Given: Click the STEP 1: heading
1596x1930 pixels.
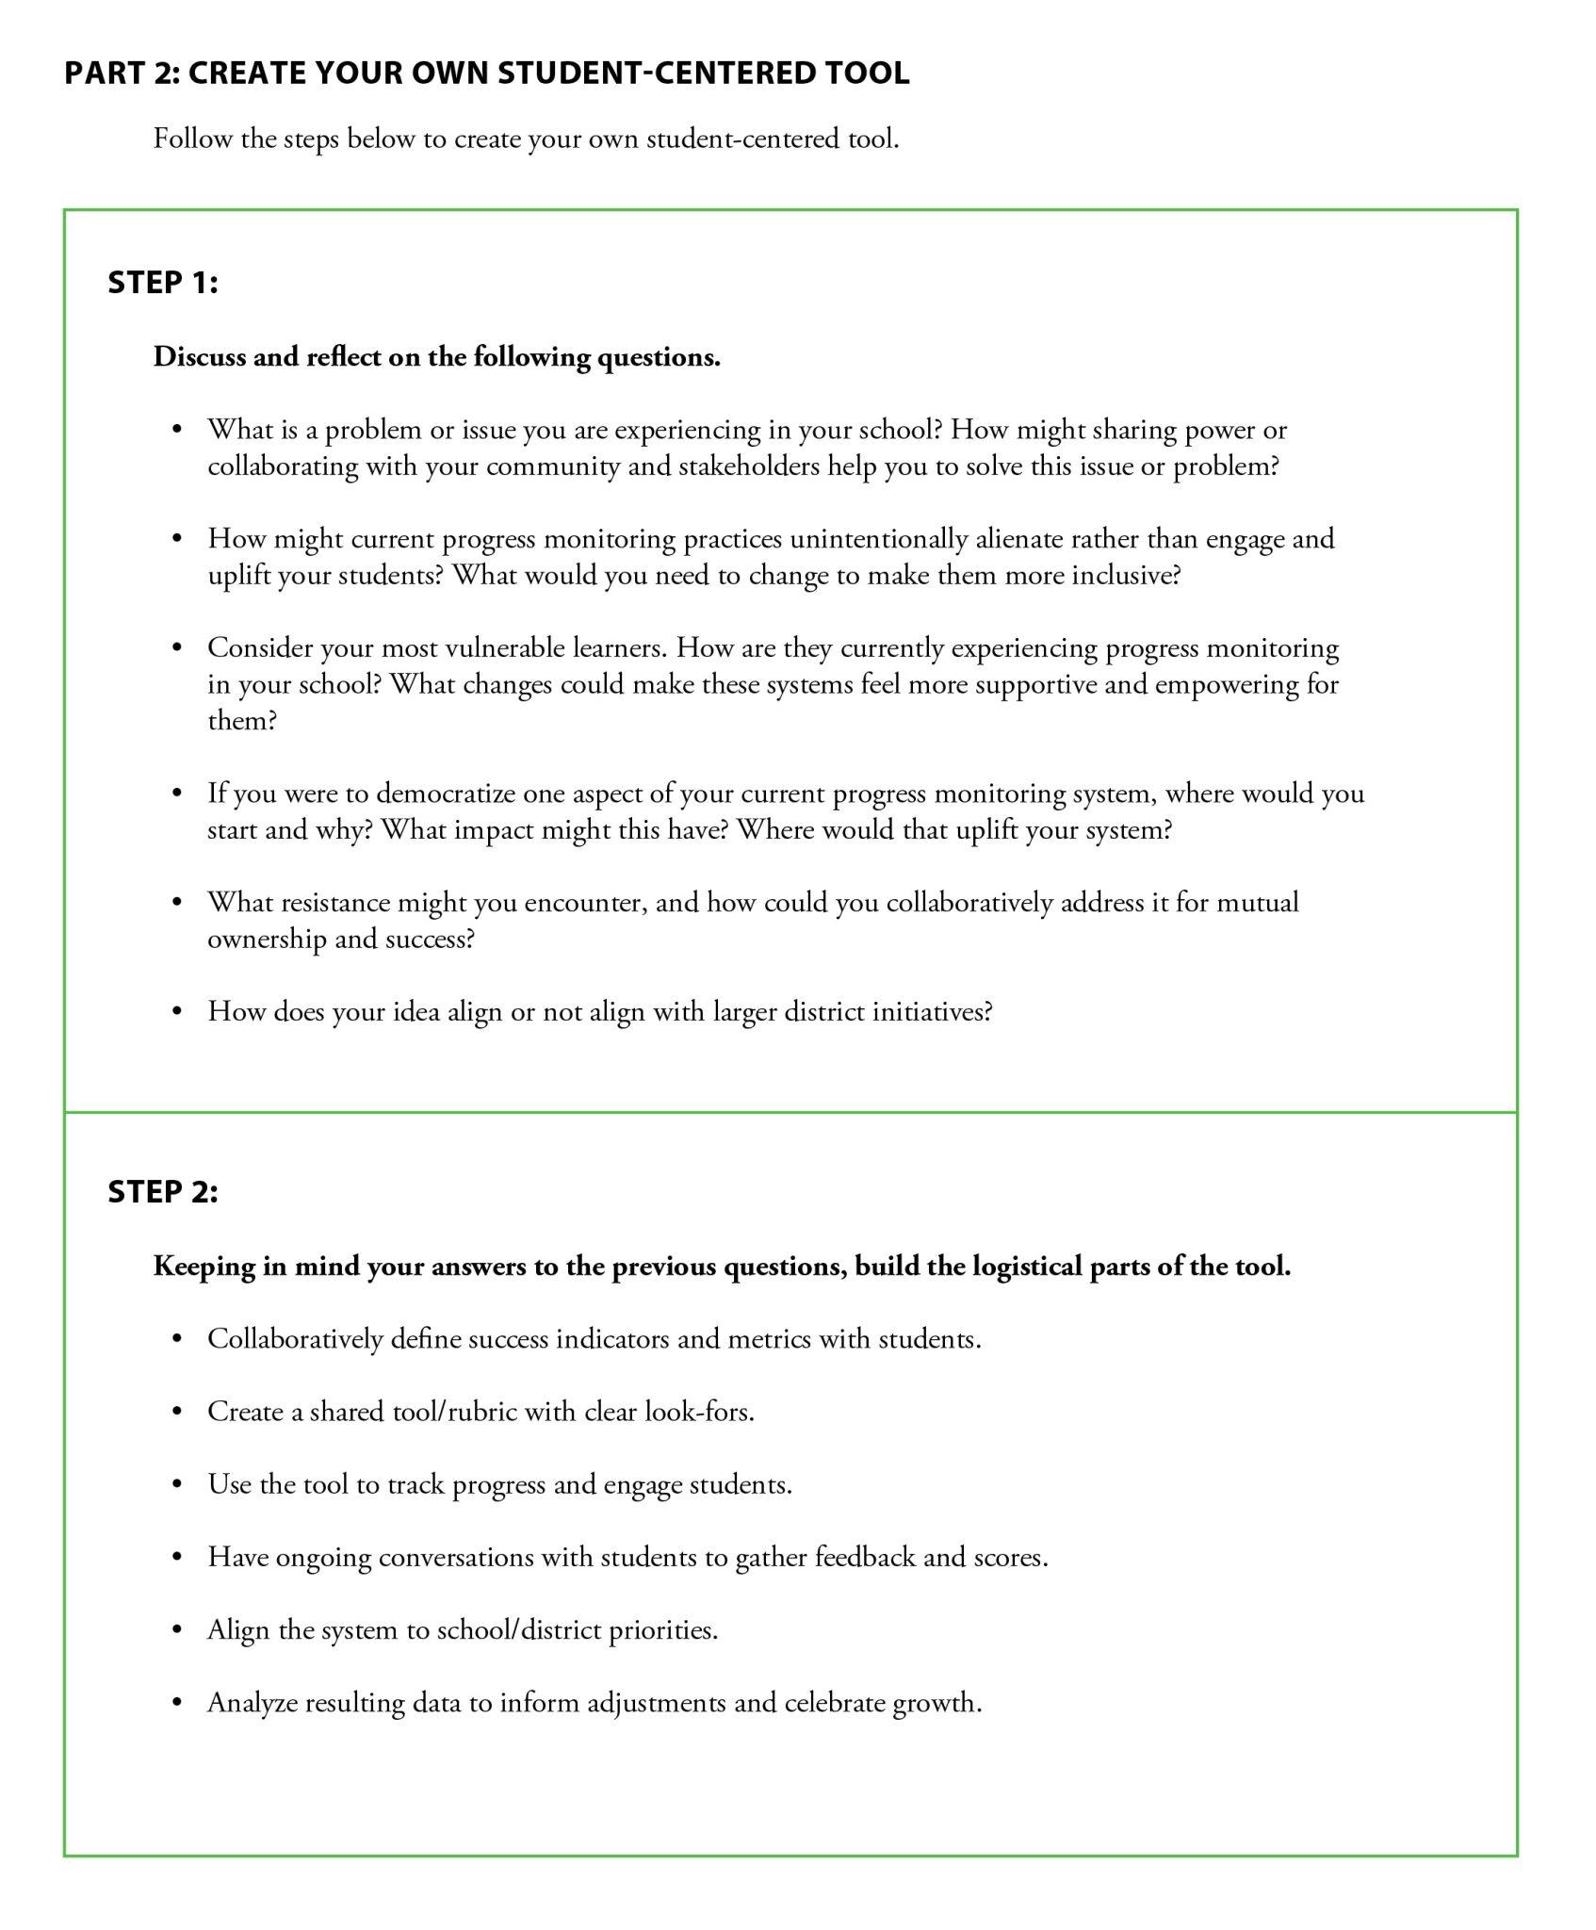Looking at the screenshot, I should (162, 283).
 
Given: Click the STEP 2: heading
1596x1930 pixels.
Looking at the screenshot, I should (162, 1192).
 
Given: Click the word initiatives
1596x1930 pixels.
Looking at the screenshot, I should (929, 1012).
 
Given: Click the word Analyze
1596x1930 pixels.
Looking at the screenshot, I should (252, 1703).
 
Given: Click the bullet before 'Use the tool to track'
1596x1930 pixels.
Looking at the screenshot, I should (176, 1485).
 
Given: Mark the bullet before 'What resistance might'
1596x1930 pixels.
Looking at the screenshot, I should (176, 903).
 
